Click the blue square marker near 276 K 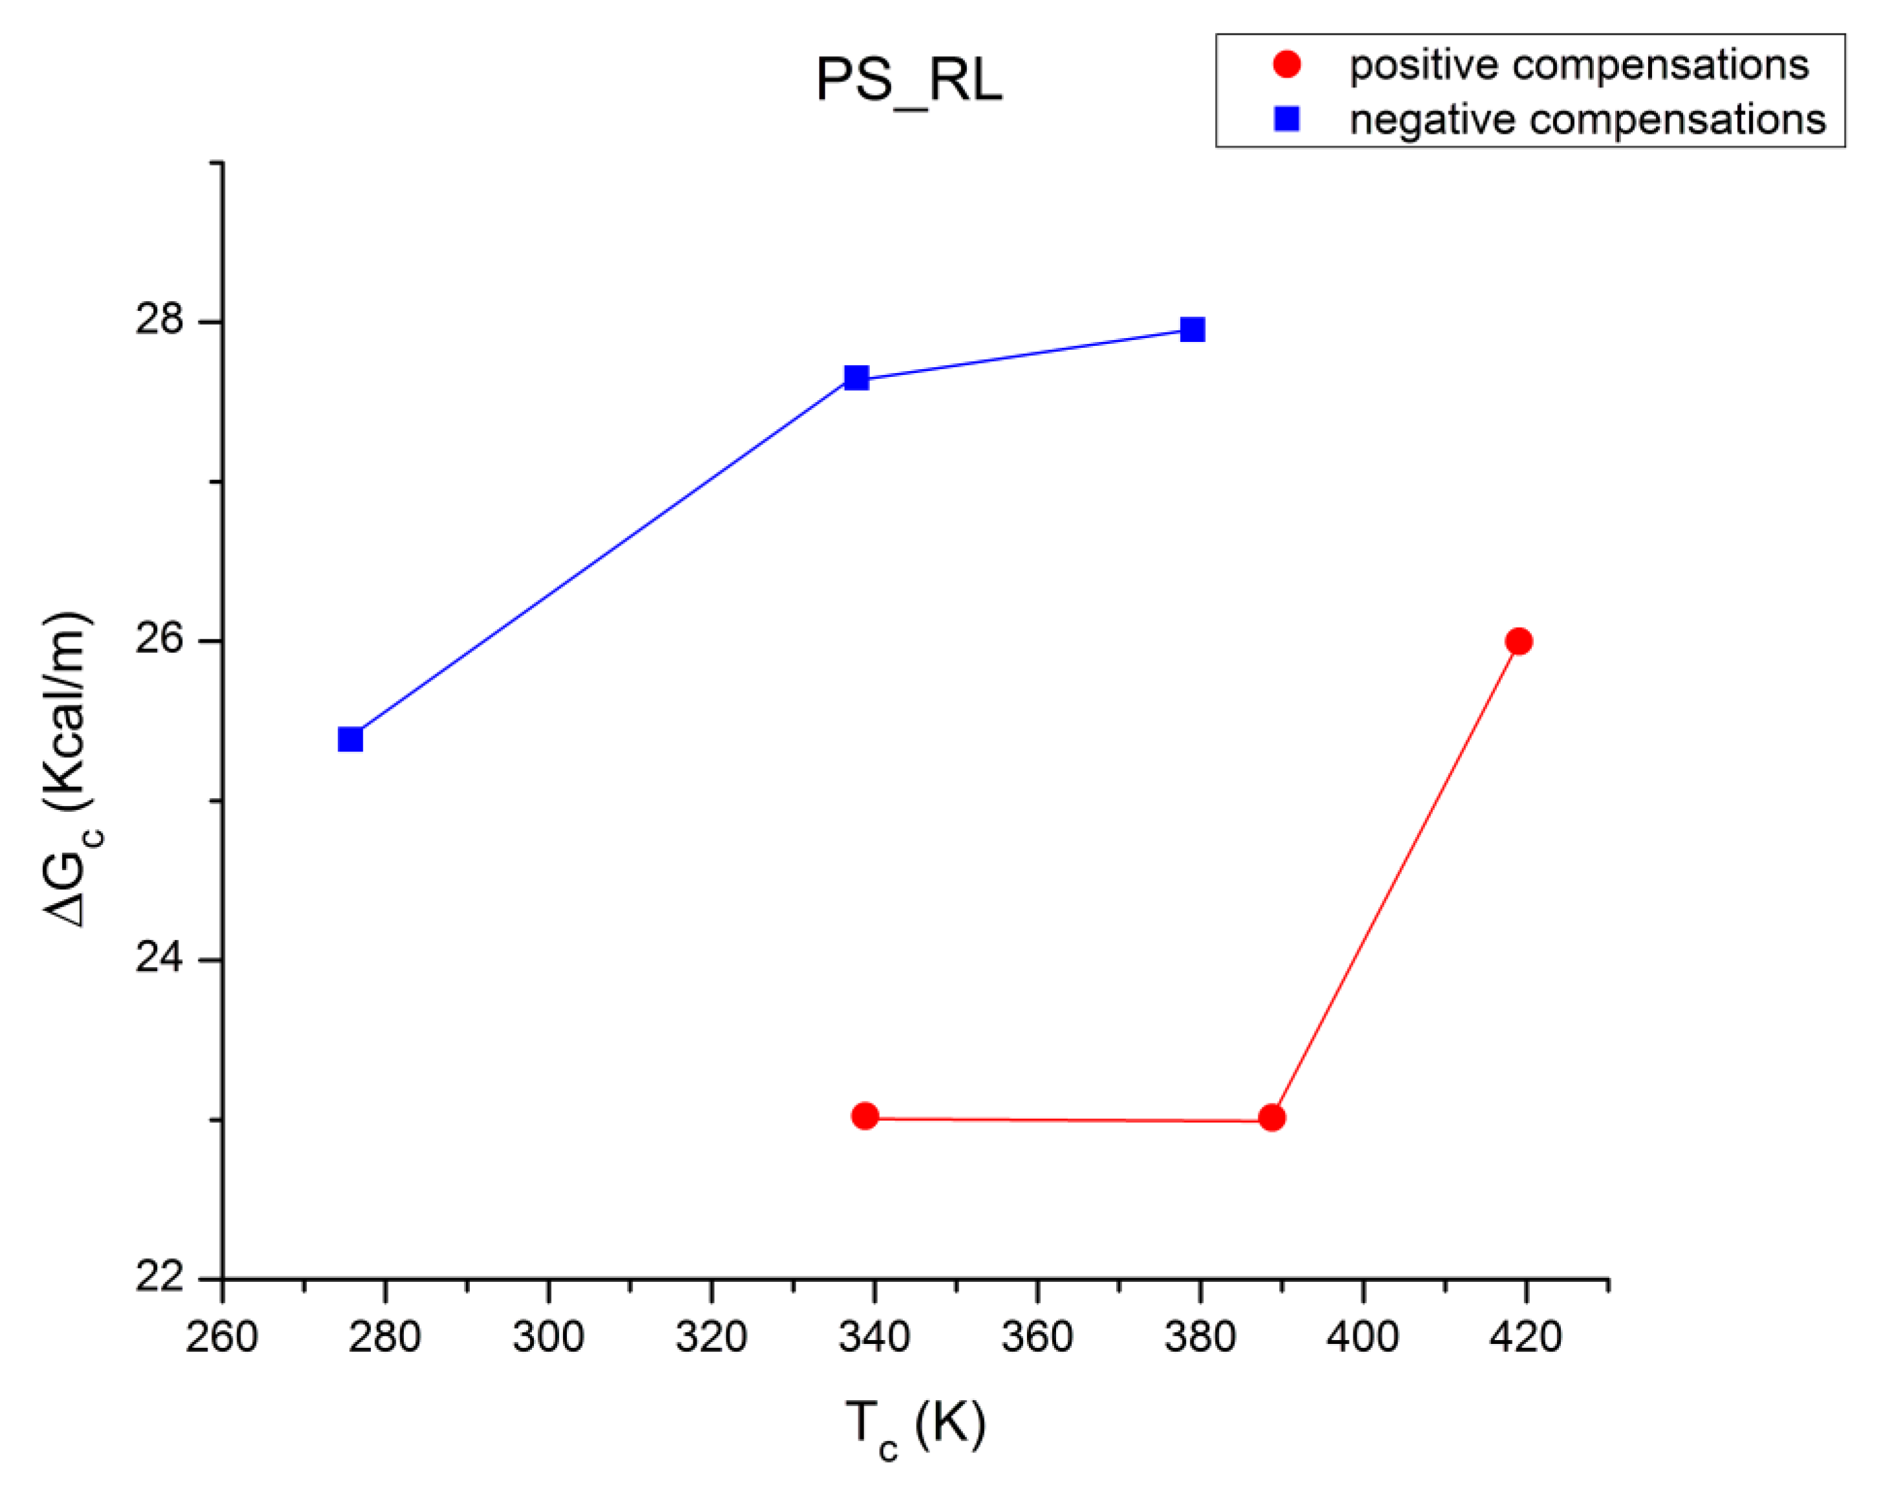[351, 740]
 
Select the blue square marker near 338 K [856, 378]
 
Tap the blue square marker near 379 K [1192, 330]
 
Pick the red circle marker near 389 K [1272, 1118]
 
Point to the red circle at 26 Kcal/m [1520, 641]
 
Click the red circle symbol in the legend [1287, 64]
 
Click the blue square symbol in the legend [1287, 118]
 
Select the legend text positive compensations [1579, 66]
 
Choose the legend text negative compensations [1587, 120]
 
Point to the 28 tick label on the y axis [159, 319]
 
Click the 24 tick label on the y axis [159, 958]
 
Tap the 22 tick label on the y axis [159, 1277]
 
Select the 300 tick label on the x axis [549, 1337]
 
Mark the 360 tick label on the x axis [1037, 1337]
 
